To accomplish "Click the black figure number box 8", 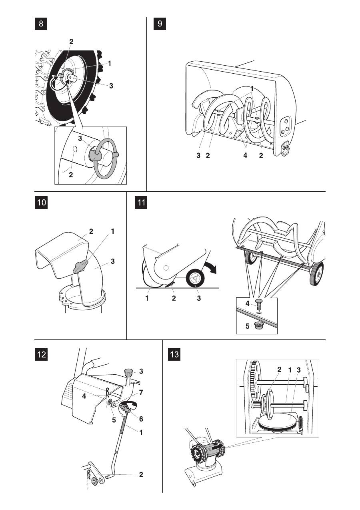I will tap(41, 24).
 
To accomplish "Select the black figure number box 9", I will tap(160, 24).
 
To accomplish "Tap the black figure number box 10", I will tap(41, 202).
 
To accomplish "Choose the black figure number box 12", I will tap(41, 354).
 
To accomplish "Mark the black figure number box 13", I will tap(174, 354).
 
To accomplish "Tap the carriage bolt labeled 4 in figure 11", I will tap(258, 304).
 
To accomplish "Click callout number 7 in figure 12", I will tap(141, 393).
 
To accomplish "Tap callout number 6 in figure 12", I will tap(141, 419).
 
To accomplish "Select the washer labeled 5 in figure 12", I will tap(110, 402).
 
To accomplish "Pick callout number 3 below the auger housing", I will tap(198, 156).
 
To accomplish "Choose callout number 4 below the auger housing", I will tap(245, 156).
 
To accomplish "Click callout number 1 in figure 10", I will tap(112, 231).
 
